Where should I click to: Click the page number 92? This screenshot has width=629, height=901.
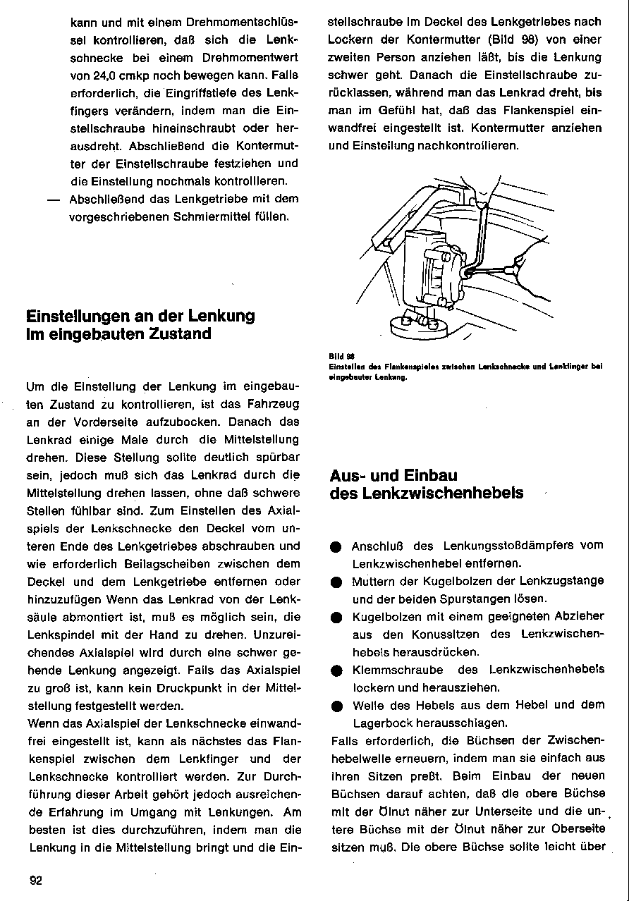coord(36,880)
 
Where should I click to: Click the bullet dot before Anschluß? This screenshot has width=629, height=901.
coord(336,546)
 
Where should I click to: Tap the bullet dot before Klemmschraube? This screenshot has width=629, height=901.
coord(336,670)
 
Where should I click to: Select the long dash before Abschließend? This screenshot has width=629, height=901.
coord(51,199)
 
